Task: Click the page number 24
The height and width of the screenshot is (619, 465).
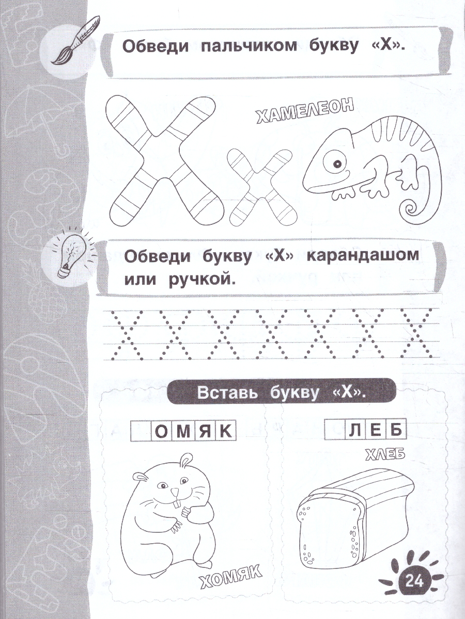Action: (414, 583)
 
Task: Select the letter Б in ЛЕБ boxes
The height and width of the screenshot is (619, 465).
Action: (398, 430)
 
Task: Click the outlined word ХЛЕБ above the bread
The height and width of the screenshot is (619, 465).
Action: (384, 454)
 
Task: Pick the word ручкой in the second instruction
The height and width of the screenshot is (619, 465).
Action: (202, 279)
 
